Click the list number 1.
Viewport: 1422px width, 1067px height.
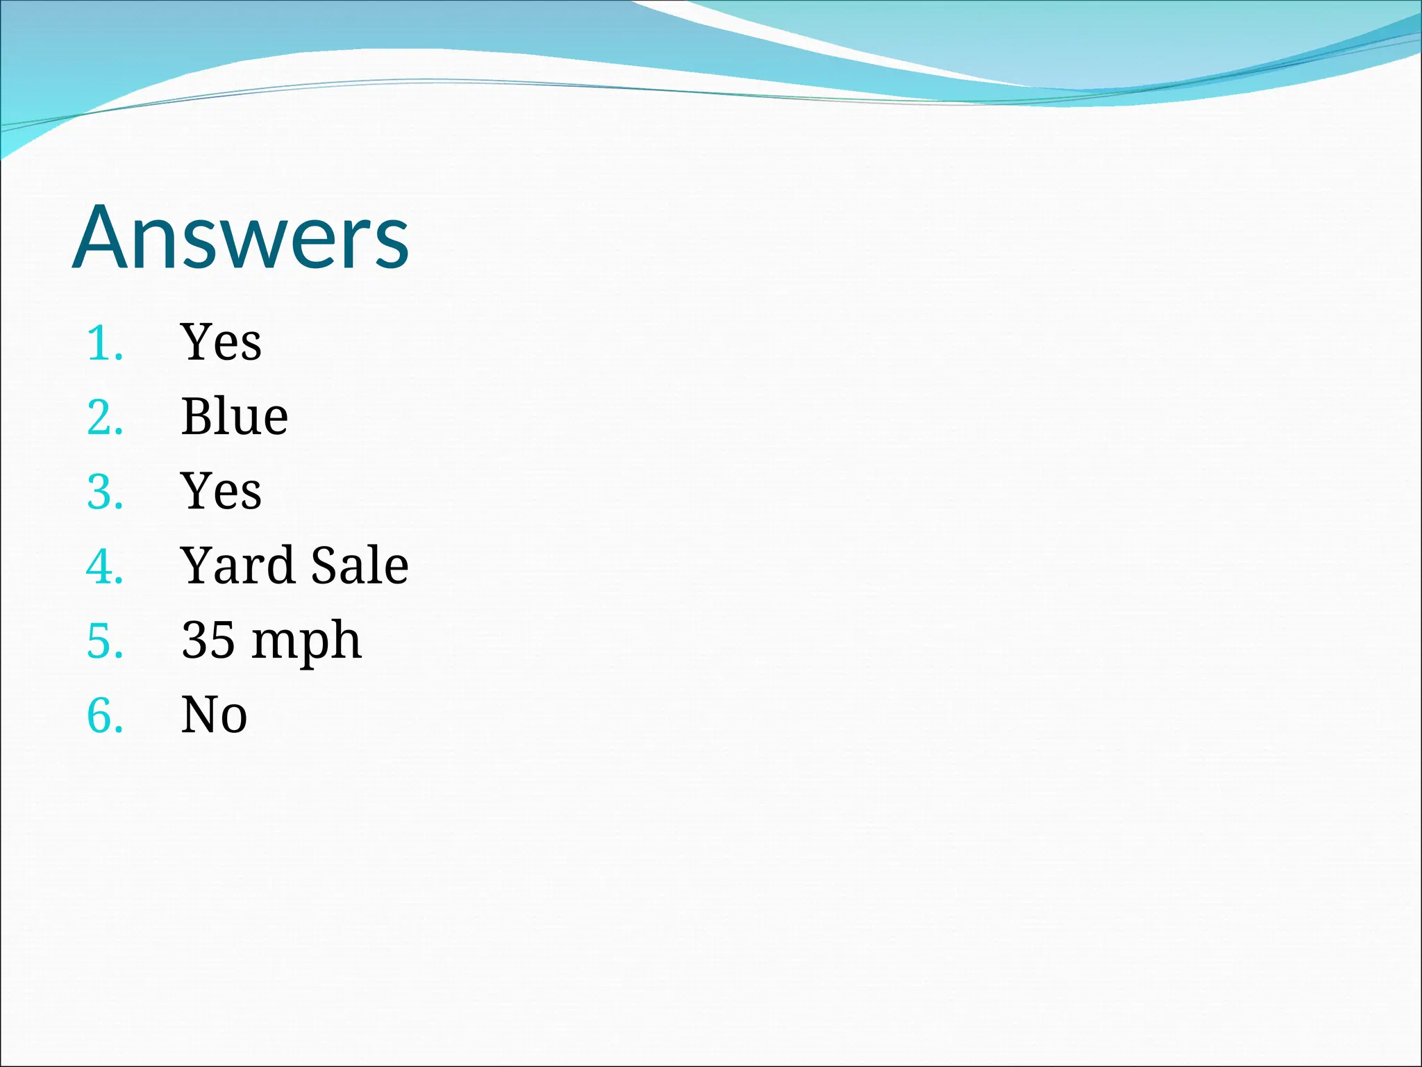coord(104,343)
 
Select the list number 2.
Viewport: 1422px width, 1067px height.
coord(104,417)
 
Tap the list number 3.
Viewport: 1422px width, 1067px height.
coord(104,492)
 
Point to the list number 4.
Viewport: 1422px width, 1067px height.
coord(104,566)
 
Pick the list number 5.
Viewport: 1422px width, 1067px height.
coord(104,640)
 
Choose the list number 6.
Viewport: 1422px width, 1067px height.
coord(104,715)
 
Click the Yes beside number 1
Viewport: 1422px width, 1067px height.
coord(221,342)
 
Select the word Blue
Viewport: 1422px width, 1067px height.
coord(234,417)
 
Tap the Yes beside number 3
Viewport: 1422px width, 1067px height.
coord(221,490)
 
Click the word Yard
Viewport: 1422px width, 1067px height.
coord(237,565)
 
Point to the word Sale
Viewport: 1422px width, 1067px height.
coord(359,565)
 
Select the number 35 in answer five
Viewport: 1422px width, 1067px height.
coord(208,640)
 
